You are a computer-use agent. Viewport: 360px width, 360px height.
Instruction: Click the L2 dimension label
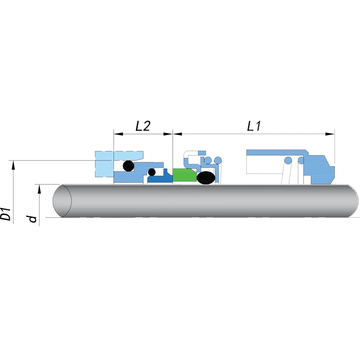143,126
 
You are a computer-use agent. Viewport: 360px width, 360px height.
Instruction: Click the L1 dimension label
254,126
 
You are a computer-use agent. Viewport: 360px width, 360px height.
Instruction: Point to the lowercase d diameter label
32,219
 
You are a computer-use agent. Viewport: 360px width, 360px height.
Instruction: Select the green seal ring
184,175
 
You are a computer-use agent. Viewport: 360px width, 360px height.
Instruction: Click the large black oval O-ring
206,178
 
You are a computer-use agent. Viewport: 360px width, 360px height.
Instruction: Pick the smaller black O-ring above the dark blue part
152,172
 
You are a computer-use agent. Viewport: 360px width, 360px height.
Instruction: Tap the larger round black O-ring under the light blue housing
128,166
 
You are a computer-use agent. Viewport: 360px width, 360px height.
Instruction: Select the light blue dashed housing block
119,164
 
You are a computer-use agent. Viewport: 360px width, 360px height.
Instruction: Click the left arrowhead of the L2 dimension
118,134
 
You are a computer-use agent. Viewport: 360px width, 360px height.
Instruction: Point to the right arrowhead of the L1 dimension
330,134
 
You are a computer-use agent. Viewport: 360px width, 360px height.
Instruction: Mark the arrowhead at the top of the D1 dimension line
13,165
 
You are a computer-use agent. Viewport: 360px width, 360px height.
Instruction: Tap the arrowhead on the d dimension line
40,189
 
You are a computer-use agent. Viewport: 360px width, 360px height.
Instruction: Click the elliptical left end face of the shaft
62,201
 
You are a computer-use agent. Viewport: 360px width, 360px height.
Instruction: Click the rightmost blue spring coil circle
301,160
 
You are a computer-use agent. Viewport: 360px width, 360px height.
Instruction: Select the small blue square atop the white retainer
202,153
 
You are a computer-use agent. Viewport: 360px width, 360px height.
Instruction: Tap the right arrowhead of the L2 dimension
168,134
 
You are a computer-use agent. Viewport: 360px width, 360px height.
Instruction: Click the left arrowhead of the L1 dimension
177,134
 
